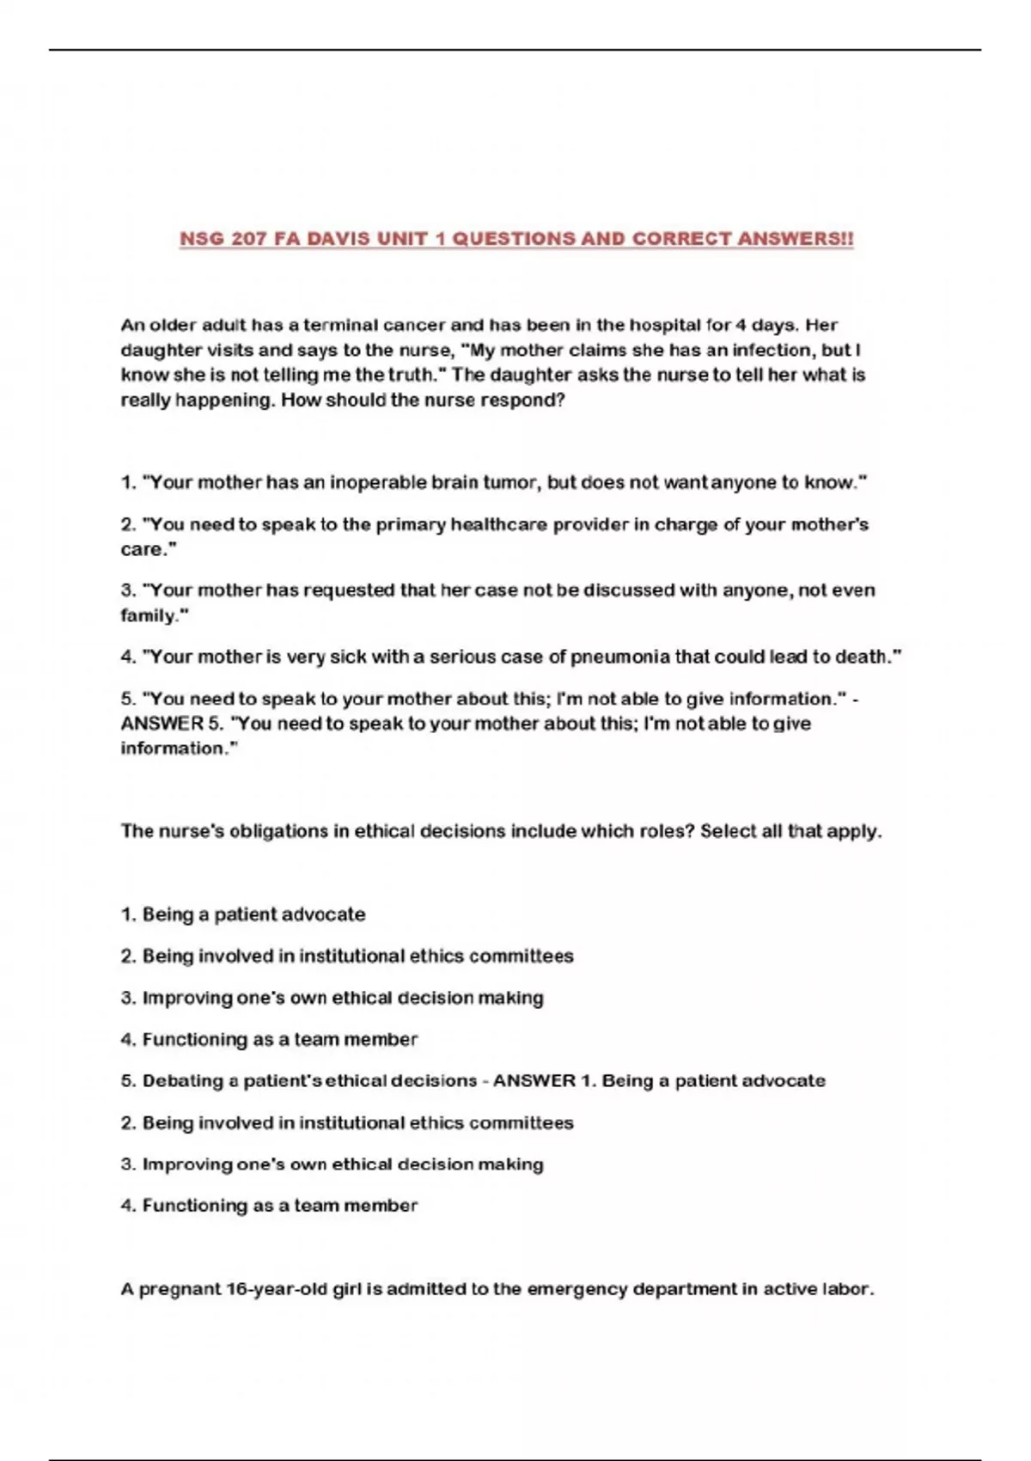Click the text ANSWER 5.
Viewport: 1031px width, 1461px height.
click(x=172, y=724)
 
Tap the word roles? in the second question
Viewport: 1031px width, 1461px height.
click(x=665, y=832)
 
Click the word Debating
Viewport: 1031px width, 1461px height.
click(x=180, y=1081)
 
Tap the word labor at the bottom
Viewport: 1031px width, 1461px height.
click(x=848, y=1289)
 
